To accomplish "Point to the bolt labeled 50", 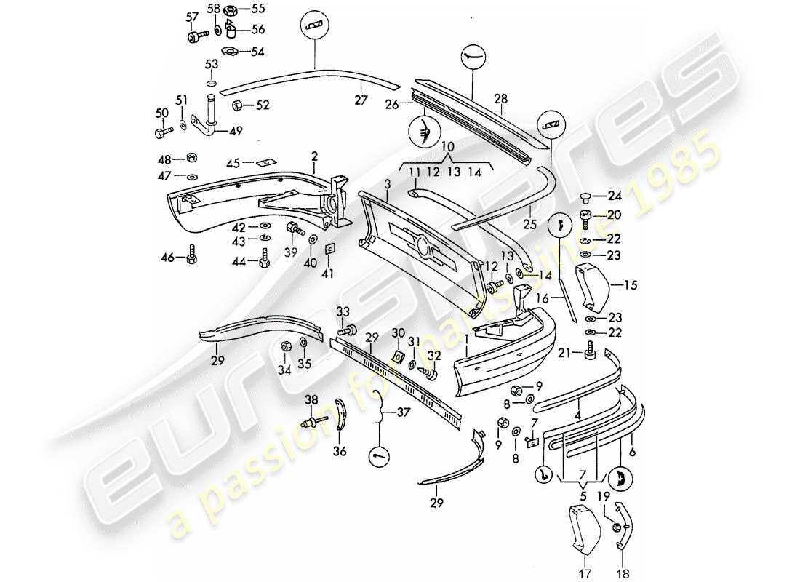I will click(162, 133).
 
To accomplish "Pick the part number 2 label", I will click(315, 156).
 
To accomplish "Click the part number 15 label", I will click(629, 285).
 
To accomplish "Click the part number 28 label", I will click(501, 98).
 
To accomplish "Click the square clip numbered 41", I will click(329, 249).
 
